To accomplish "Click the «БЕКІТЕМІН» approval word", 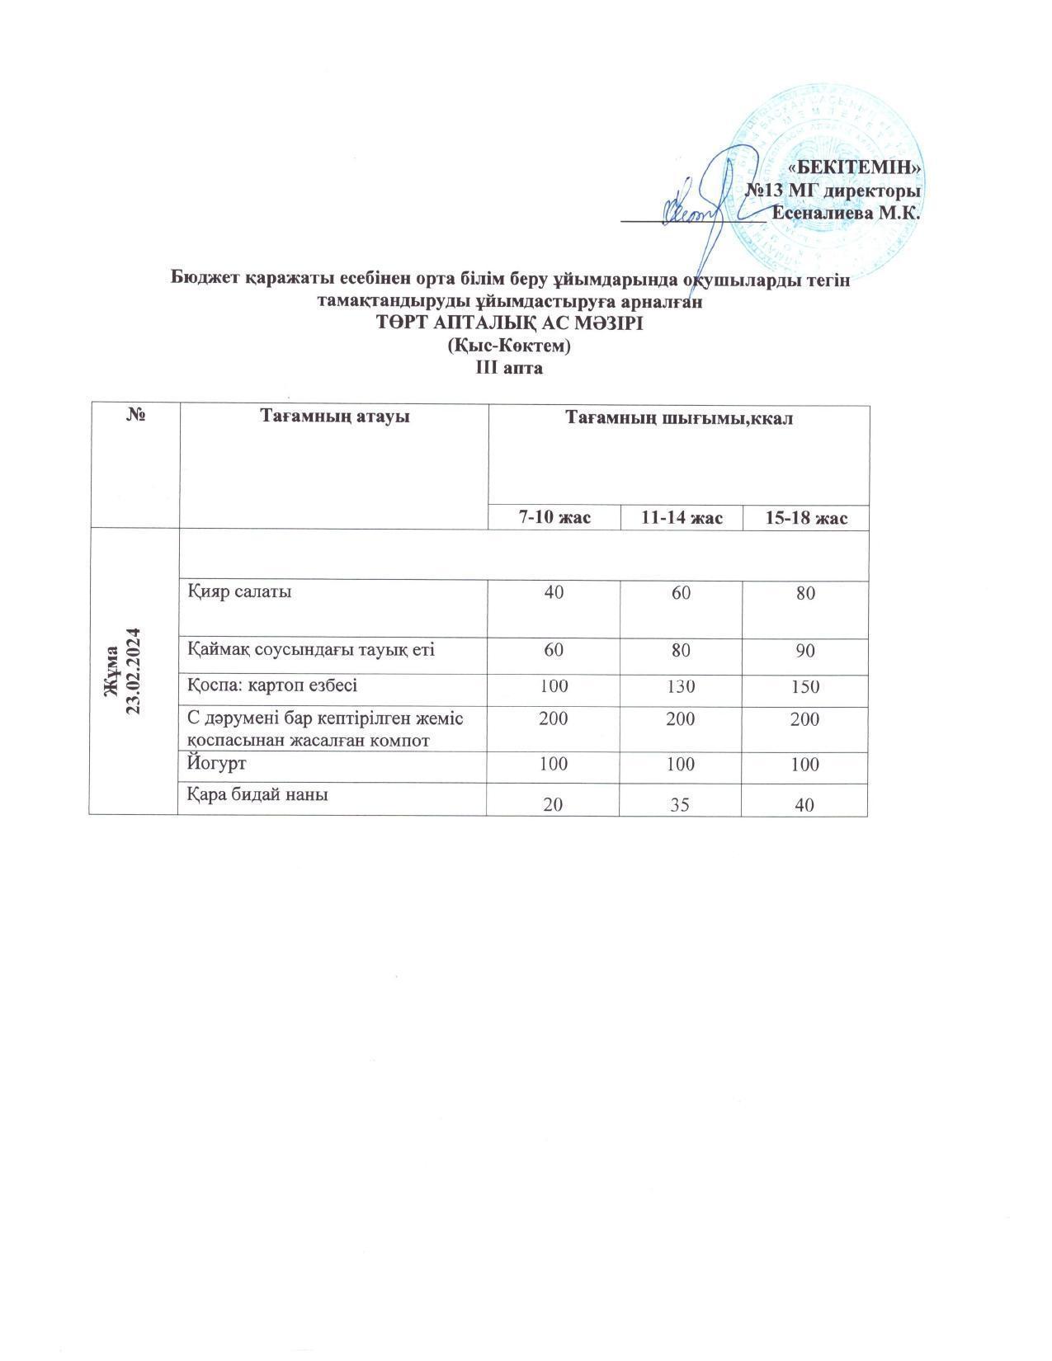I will pyautogui.click(x=855, y=167).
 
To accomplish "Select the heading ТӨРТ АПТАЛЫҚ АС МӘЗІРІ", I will pyautogui.click(x=509, y=324).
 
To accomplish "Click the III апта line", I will pyautogui.click(x=509, y=368).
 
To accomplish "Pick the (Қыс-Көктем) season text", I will pyautogui.click(x=509, y=346).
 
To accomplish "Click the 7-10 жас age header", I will pyautogui.click(x=552, y=518).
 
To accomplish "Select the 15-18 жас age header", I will pyautogui.click(x=805, y=518).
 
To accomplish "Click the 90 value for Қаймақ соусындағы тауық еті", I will pyautogui.click(x=805, y=651).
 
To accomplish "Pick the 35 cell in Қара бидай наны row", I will pyautogui.click(x=680, y=803).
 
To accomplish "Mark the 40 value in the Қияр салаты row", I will pyautogui.click(x=552, y=592).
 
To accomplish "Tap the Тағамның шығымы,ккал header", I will pyautogui.click(x=678, y=419).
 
